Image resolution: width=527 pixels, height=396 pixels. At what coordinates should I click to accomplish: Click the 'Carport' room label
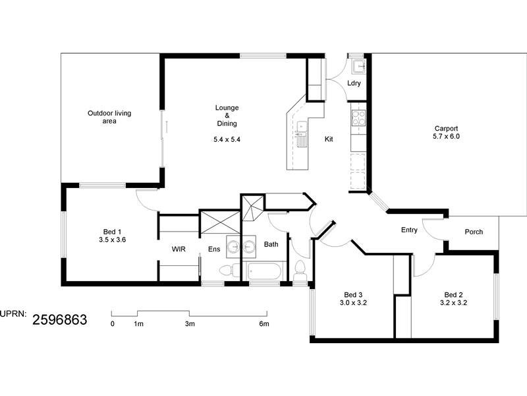446,129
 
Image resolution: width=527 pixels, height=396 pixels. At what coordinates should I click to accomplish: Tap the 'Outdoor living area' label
109,117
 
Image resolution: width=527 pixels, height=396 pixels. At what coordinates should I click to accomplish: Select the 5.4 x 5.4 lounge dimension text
227,139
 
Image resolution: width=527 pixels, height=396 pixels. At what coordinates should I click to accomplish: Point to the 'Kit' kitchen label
329,139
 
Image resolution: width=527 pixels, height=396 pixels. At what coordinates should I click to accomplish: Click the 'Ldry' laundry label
354,83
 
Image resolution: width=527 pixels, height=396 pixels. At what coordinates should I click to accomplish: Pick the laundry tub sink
358,66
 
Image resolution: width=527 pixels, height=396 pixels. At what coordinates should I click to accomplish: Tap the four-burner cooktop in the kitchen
359,119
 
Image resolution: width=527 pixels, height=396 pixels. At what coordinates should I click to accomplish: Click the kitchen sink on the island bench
302,127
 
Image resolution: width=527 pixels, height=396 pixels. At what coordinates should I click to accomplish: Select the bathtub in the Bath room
265,271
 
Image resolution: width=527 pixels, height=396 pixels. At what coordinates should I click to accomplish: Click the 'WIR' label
178,249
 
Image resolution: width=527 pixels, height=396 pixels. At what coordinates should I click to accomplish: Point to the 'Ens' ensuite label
214,249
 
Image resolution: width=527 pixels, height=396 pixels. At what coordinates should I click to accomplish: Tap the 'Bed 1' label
112,231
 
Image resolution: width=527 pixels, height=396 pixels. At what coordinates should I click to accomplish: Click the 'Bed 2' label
453,294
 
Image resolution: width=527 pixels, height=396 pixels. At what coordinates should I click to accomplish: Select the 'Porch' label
474,232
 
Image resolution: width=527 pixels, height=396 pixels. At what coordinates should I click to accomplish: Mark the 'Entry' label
409,230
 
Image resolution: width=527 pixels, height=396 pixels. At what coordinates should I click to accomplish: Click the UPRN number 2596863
60,320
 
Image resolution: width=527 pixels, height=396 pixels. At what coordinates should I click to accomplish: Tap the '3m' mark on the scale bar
190,324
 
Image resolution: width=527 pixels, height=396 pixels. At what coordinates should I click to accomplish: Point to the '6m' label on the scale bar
263,324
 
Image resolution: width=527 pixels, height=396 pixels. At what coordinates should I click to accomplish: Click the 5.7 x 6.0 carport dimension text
446,137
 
